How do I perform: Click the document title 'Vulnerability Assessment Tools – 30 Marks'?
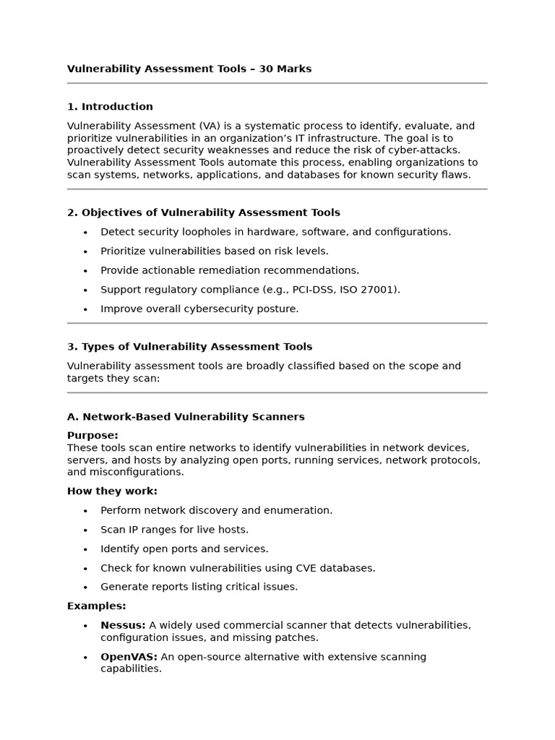(x=189, y=69)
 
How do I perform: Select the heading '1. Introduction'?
(x=110, y=107)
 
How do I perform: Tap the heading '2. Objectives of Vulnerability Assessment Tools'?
(x=203, y=212)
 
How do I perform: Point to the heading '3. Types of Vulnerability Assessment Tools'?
(x=189, y=347)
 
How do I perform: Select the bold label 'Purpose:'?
(x=92, y=436)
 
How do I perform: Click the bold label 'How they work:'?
(x=112, y=491)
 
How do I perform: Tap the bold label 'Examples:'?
(x=96, y=606)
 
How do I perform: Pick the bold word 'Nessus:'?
(x=123, y=625)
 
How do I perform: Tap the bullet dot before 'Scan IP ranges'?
(x=85, y=530)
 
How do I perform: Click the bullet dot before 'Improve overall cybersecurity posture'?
(x=85, y=309)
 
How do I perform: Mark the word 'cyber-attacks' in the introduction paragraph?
(x=436, y=150)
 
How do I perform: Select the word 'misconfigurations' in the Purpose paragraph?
(x=137, y=472)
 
